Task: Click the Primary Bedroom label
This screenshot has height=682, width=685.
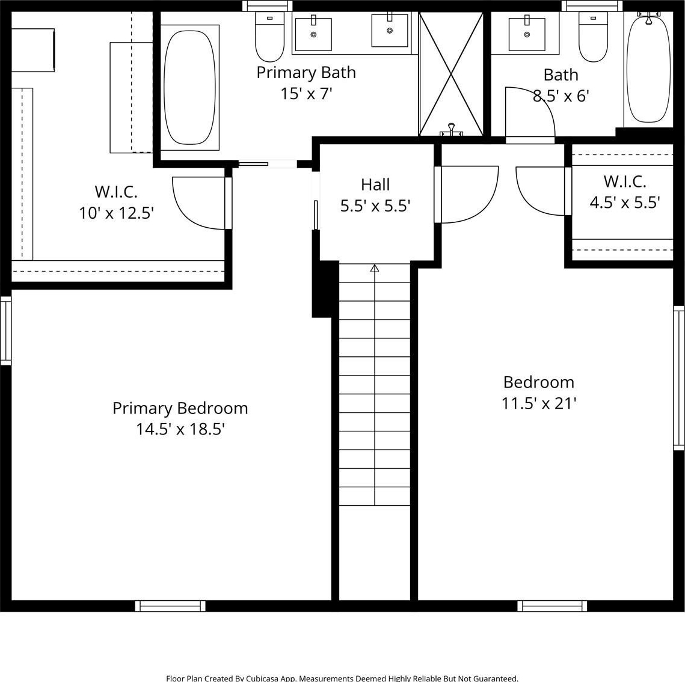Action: point(180,408)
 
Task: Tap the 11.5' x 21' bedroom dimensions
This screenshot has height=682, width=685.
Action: point(539,403)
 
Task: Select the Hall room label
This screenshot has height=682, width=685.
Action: point(375,184)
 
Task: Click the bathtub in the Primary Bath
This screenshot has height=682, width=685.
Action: point(189,87)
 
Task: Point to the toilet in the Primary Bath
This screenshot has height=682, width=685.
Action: point(269,37)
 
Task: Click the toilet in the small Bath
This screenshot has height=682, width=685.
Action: point(593,37)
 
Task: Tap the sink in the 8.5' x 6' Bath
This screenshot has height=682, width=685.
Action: point(527,34)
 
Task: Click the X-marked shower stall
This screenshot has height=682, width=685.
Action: point(451,74)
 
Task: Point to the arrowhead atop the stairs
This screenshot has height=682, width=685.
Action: point(375,268)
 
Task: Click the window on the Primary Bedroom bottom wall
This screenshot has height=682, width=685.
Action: point(170,606)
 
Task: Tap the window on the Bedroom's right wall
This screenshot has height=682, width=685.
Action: point(678,378)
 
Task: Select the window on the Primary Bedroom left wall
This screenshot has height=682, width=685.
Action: point(5,330)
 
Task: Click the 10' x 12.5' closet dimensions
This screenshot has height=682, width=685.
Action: point(116,213)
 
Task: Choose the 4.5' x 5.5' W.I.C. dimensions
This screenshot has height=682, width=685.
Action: point(625,202)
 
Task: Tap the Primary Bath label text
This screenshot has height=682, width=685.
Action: point(306,73)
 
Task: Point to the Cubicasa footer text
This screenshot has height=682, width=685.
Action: point(342,678)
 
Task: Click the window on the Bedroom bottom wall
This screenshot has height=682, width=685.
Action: point(552,606)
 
